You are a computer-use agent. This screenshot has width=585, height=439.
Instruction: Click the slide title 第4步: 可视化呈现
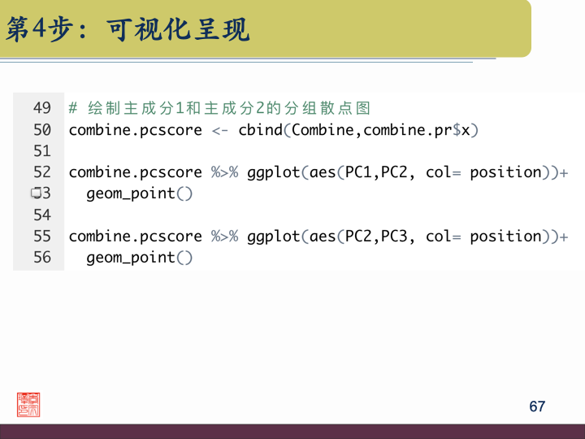tap(128, 30)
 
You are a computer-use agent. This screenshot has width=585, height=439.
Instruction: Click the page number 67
tap(537, 406)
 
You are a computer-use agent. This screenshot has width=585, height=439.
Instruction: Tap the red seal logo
tap(28, 405)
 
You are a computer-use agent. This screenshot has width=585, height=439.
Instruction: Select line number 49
tap(42, 108)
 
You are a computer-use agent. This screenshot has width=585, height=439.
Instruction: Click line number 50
tap(42, 129)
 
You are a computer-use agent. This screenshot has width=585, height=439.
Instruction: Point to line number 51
tap(42, 151)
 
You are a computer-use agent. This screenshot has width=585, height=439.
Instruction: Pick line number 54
tap(42, 215)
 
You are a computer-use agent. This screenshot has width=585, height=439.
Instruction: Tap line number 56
tap(42, 258)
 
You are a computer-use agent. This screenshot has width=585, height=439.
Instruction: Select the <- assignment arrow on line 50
tap(220, 130)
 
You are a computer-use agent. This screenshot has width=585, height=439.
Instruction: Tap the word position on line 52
tap(505, 172)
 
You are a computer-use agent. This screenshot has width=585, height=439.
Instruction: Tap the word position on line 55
tap(505, 237)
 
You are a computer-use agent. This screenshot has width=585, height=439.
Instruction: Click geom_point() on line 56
tap(140, 258)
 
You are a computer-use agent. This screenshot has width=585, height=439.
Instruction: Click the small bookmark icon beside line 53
tap(35, 193)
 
